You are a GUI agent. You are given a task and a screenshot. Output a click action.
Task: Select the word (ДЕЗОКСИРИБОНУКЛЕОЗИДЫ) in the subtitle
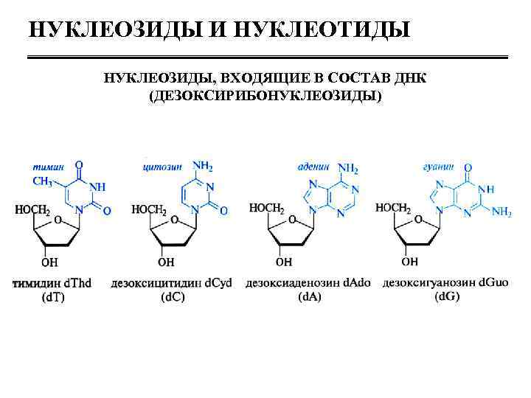tap(266, 96)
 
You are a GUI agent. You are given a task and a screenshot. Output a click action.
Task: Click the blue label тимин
tap(46, 168)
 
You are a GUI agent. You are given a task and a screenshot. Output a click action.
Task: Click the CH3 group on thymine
tap(41, 181)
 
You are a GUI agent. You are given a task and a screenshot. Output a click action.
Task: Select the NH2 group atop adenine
tap(347, 169)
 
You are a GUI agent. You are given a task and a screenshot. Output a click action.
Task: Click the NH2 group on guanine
tap(502, 213)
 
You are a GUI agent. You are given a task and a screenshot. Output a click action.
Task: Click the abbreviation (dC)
tap(171, 297)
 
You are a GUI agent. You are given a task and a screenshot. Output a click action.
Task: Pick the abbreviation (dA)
tap(310, 297)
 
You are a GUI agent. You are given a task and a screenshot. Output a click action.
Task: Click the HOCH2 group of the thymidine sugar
tap(32, 211)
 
